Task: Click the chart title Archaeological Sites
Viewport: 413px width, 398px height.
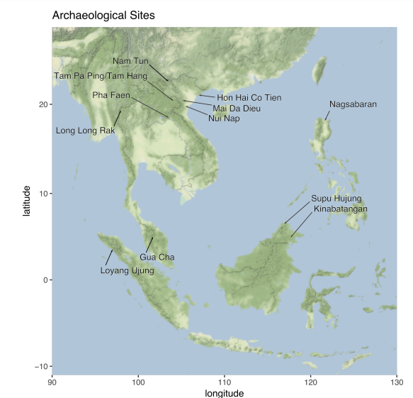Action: point(103,15)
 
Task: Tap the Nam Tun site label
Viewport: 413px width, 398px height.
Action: point(131,61)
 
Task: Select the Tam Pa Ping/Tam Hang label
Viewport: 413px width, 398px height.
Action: point(101,76)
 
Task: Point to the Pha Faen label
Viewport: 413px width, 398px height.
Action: point(111,95)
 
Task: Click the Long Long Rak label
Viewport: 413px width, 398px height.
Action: point(85,131)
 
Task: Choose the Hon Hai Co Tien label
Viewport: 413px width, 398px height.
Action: point(249,98)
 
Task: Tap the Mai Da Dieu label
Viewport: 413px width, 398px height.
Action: point(237,109)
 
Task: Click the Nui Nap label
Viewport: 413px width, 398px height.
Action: point(224,118)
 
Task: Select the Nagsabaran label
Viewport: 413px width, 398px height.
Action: point(353,104)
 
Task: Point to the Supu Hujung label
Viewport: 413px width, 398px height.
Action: point(336,198)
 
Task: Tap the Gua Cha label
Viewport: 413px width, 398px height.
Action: point(157,257)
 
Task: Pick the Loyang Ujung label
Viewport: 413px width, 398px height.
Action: point(127,270)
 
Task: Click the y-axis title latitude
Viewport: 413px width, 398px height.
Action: point(26,201)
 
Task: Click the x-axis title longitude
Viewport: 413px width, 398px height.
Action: point(225,392)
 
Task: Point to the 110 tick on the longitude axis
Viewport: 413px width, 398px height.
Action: point(225,382)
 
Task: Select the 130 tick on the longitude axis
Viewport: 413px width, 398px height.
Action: point(396,382)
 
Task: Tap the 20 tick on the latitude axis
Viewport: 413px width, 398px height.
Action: point(43,105)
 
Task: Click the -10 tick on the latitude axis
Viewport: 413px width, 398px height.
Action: point(41,365)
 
